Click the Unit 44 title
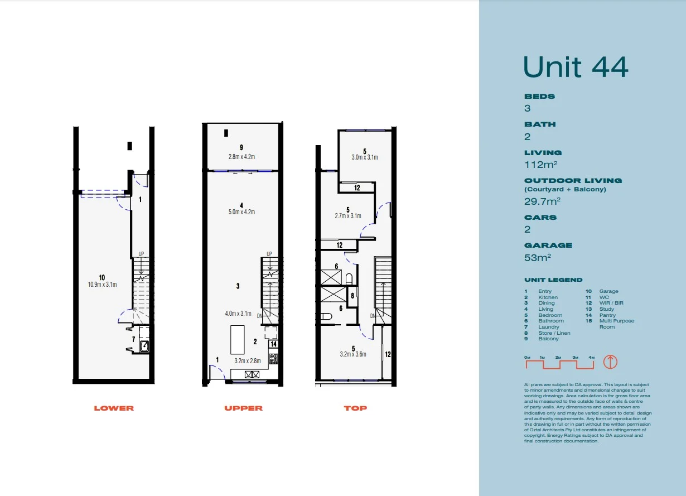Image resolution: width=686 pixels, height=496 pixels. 576,67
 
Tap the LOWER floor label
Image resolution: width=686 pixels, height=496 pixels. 114,408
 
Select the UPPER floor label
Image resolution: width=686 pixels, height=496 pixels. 243,408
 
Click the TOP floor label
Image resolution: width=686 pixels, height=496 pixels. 355,408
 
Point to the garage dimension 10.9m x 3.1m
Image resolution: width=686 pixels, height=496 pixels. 102,285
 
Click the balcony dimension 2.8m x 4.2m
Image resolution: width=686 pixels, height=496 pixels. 241,157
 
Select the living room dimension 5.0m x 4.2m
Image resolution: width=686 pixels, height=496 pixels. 241,212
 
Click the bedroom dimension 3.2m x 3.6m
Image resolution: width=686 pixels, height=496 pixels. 353,354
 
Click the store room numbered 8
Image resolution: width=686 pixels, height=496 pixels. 352,296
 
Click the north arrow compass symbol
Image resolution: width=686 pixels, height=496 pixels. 611,362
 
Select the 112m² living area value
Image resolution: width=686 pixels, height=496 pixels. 541,165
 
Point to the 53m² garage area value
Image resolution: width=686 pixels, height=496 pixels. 538,257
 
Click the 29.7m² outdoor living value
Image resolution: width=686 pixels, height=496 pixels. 542,201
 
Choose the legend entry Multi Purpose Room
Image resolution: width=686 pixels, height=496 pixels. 616,324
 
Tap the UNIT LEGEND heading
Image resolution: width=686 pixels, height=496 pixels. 553,280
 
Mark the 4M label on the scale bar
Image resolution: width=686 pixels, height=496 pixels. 592,357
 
